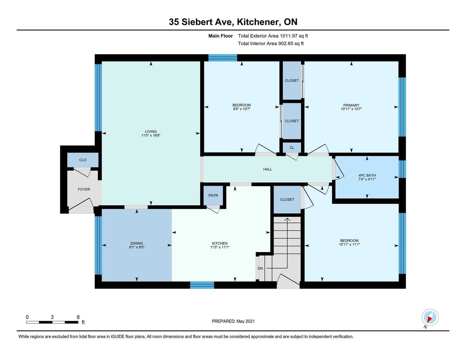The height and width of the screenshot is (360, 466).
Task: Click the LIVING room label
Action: pyautogui.click(x=151, y=131)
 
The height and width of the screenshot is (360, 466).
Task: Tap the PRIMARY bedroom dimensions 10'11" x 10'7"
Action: pyautogui.click(x=351, y=109)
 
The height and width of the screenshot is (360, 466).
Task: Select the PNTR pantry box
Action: pyautogui.click(x=213, y=195)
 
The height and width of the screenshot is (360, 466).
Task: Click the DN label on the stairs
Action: pyautogui.click(x=260, y=268)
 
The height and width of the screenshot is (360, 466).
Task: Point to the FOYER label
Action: pyautogui.click(x=84, y=189)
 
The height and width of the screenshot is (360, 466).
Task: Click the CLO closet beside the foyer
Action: pyautogui.click(x=83, y=160)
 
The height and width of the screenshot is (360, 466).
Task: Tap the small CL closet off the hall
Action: pyautogui.click(x=292, y=147)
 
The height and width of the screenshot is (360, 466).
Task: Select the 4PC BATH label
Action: pyautogui.click(x=367, y=175)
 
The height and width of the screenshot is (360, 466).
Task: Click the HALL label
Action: pyautogui.click(x=267, y=169)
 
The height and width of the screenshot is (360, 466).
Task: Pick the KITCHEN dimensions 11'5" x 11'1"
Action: pyautogui.click(x=220, y=247)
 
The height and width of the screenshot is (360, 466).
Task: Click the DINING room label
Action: pyautogui.click(x=137, y=243)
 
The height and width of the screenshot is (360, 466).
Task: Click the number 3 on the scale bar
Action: pyautogui.click(x=52, y=317)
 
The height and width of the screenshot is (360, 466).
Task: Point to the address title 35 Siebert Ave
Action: pyautogui.click(x=201, y=22)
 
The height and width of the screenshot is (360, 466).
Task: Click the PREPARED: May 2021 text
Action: pyautogui.click(x=233, y=321)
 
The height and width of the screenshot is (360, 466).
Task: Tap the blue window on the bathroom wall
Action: pyautogui.click(x=402, y=169)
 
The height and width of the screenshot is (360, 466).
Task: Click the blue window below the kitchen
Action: pyautogui.click(x=202, y=285)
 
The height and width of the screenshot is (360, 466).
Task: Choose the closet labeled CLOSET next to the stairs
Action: pyautogui.click(x=287, y=200)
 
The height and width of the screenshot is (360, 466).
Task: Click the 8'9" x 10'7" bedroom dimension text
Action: pyautogui.click(x=241, y=109)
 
